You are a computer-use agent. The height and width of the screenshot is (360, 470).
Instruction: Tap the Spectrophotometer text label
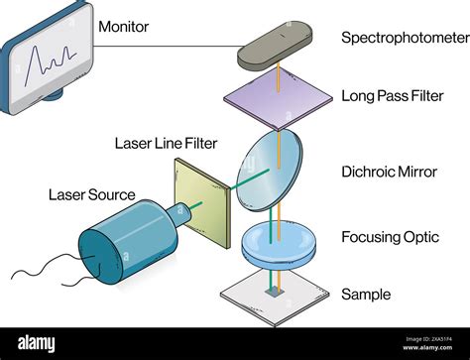pos(405,38)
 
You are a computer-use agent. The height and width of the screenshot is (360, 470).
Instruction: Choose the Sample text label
pos(366,295)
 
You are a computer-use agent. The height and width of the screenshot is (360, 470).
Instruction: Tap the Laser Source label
pos(91,194)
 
